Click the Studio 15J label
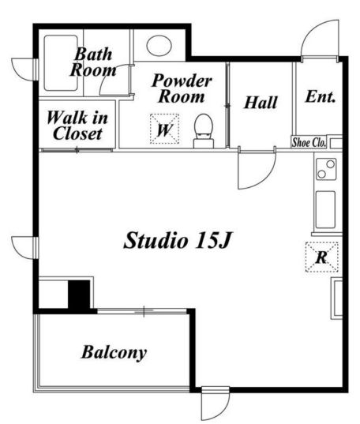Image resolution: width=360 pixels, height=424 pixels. click(x=178, y=240)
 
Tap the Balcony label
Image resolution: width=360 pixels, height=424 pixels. click(x=114, y=353)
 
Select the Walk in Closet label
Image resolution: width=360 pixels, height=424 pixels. click(x=77, y=126)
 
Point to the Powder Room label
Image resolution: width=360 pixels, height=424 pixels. click(x=182, y=88)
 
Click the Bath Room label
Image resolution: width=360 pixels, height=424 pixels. click(x=93, y=62)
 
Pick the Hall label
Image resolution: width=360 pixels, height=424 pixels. click(x=261, y=103)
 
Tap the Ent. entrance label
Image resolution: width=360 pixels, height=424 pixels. click(x=321, y=96)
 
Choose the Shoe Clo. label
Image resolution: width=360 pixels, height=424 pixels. click(x=309, y=142)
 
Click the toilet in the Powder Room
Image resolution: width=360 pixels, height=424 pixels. click(x=204, y=131)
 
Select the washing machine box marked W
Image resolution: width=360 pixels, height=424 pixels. click(x=164, y=129)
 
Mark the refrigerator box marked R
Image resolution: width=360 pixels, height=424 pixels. click(x=321, y=257)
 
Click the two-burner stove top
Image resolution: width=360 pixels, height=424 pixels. click(x=326, y=169)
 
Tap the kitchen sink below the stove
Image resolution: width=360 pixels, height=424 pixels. click(x=325, y=210)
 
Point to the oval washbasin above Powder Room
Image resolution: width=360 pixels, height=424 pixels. click(x=159, y=46)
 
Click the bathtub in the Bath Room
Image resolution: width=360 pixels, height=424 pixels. click(x=61, y=62)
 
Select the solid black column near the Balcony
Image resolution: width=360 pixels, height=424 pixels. click(x=79, y=296)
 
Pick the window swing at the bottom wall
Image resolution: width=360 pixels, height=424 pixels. click(x=216, y=403)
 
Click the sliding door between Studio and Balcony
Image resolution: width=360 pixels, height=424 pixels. click(x=142, y=312)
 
